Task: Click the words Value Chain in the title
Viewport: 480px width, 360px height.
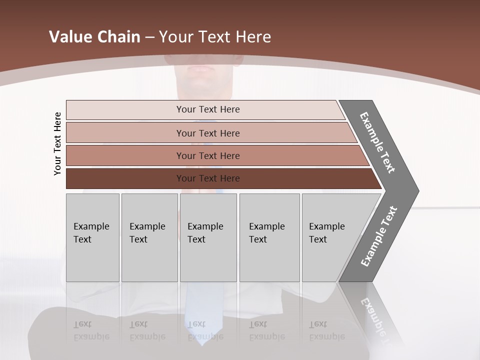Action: click(94, 37)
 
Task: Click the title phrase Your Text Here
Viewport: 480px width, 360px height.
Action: click(215, 37)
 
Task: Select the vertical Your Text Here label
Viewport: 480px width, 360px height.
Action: click(57, 143)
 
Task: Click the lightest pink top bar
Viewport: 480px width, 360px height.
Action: click(207, 109)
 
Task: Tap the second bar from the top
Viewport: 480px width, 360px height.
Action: click(207, 133)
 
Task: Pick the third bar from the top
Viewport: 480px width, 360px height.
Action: click(207, 155)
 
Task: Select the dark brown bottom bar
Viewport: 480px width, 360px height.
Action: click(207, 178)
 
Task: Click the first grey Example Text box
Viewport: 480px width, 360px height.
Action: click(92, 237)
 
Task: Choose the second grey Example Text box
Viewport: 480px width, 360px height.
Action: click(149, 237)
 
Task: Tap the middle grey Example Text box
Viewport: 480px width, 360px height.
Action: click(208, 237)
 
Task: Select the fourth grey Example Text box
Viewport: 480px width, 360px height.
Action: click(269, 237)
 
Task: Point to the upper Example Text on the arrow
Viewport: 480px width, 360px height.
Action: click(377, 142)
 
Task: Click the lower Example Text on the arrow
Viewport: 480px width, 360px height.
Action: click(378, 236)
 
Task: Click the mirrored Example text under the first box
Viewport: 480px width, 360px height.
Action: click(91, 331)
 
